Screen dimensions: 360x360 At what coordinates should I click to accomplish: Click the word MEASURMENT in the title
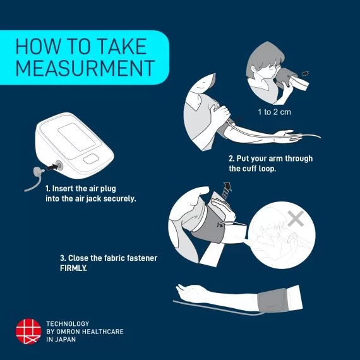click(85, 68)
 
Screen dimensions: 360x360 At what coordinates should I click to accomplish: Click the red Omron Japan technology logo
click(28, 331)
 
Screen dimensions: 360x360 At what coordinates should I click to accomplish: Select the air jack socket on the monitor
click(59, 165)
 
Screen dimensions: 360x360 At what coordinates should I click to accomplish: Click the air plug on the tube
click(38, 171)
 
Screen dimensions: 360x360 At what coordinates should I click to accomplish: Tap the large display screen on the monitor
click(76, 137)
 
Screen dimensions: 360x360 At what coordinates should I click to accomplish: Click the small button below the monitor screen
click(91, 159)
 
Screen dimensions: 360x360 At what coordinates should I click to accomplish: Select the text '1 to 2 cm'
click(274, 112)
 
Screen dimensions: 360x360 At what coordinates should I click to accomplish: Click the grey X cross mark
click(296, 219)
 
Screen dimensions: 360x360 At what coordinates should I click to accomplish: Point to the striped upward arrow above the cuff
click(227, 190)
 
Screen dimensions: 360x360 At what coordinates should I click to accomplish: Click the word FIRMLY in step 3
click(73, 268)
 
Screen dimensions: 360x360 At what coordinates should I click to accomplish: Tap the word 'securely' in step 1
click(119, 198)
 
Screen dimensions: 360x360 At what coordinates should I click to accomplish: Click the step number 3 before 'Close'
click(63, 258)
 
